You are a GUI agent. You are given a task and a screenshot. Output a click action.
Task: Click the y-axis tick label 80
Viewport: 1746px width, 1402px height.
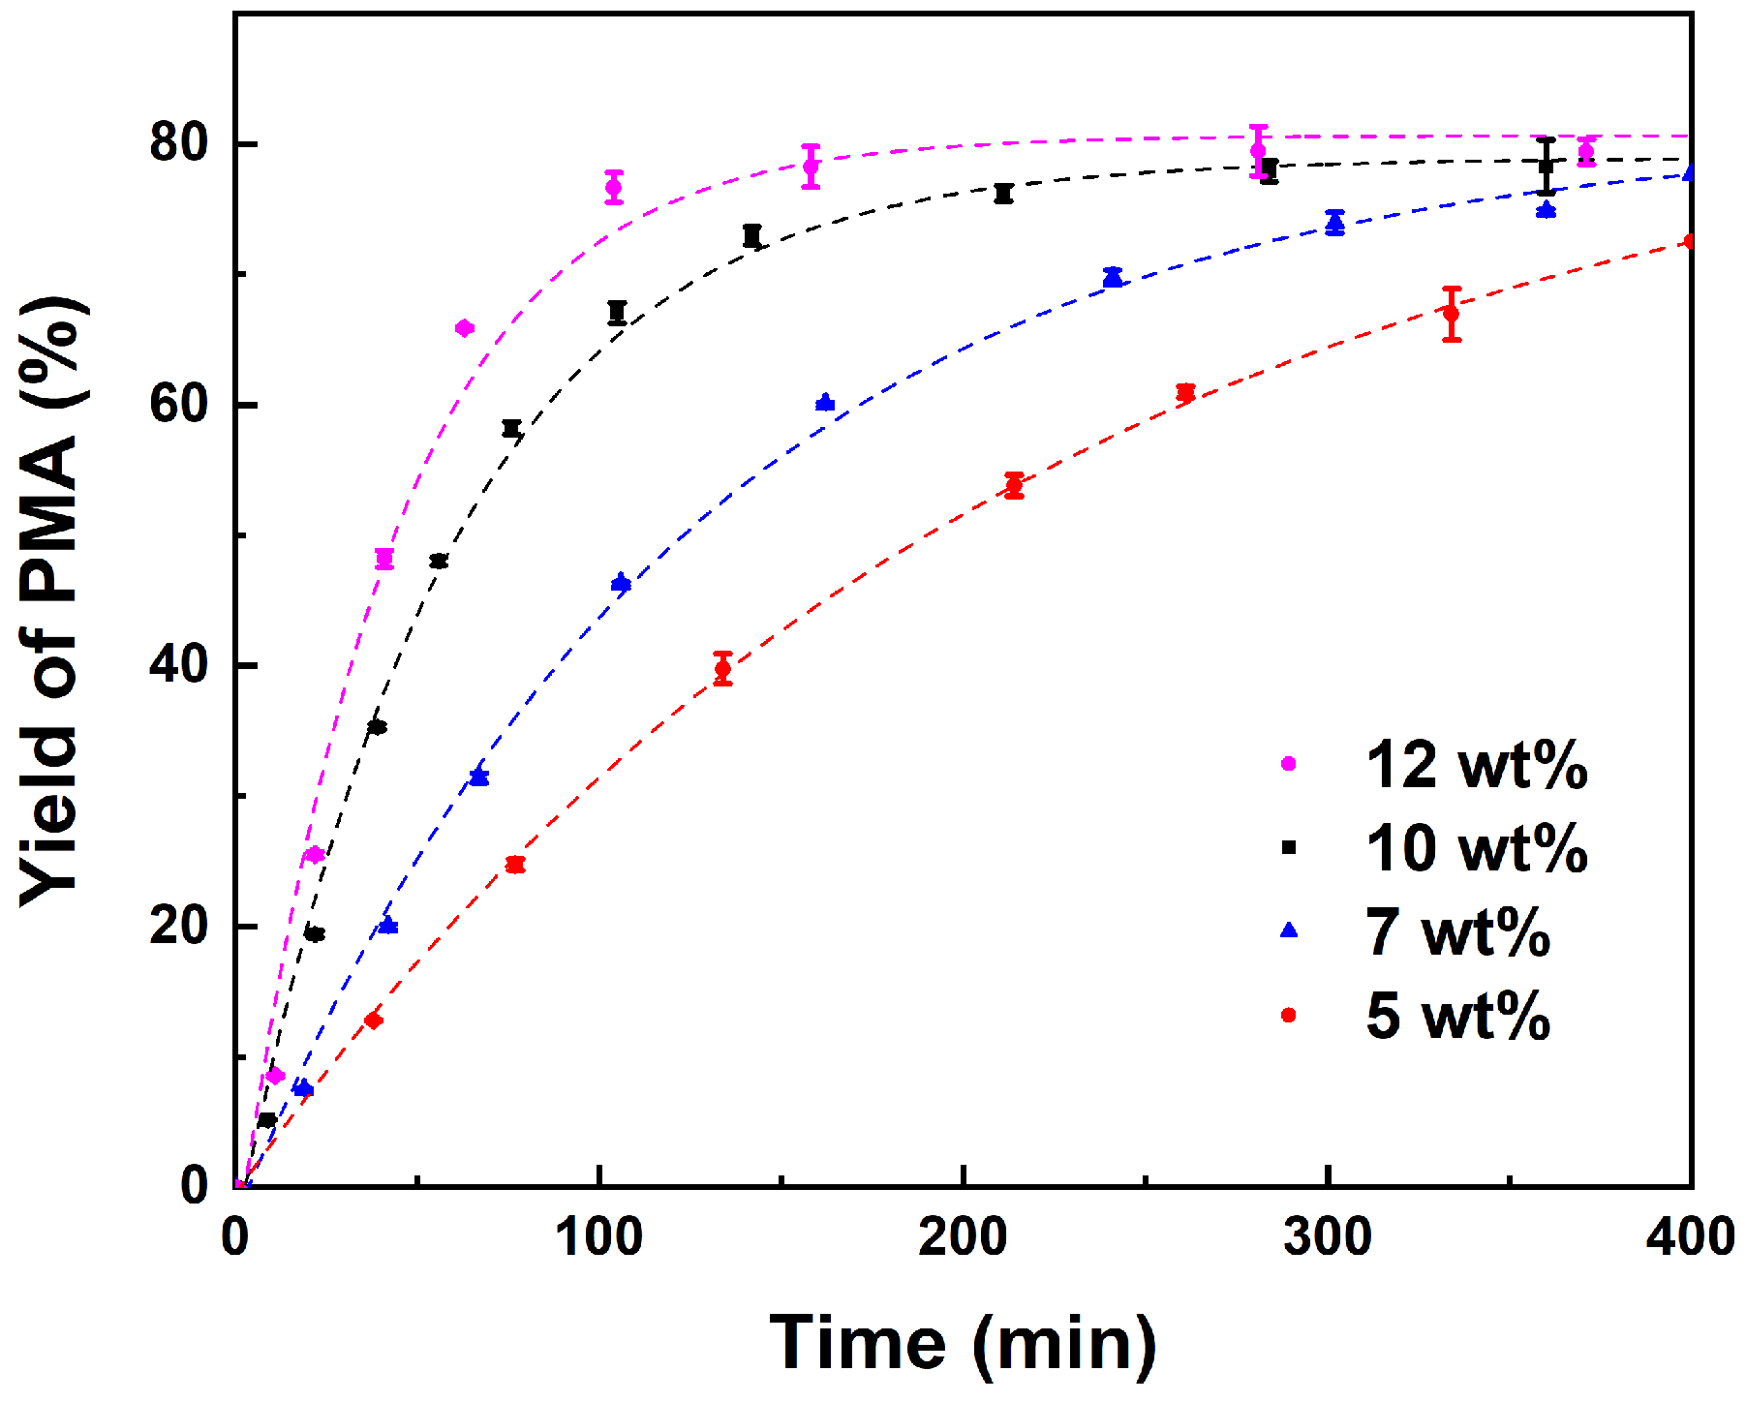pos(179,144)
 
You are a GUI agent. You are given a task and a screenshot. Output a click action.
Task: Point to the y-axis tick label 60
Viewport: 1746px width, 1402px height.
pos(179,405)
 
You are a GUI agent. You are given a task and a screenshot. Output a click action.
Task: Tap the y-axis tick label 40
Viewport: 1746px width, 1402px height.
pos(179,665)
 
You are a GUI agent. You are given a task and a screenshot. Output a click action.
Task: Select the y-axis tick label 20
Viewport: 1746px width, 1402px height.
pos(179,927)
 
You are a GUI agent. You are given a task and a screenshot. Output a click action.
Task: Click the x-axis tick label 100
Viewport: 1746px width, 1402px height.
pos(599,1238)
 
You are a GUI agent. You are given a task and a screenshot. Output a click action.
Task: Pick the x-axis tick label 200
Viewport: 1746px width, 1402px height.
pos(964,1238)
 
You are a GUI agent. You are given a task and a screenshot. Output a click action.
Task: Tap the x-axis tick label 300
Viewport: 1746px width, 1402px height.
pos(1328,1238)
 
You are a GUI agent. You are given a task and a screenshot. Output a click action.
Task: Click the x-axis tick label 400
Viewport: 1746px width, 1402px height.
pos(1690,1238)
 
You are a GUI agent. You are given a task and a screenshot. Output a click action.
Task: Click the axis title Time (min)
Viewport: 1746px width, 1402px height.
pos(963,1344)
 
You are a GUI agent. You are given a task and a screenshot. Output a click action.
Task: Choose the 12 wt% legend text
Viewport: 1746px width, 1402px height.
pos(1477,766)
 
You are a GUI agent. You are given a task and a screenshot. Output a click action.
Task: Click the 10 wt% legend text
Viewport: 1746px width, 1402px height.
pos(1477,849)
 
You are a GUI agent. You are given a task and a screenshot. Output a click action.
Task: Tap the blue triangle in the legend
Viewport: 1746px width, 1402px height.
pos(1289,930)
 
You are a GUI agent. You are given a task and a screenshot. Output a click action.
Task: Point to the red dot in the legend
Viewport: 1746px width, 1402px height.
pos(1289,1015)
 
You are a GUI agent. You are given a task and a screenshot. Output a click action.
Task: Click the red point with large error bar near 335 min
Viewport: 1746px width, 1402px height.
pos(1451,314)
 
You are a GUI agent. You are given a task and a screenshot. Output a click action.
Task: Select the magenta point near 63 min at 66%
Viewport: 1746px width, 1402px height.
pos(464,328)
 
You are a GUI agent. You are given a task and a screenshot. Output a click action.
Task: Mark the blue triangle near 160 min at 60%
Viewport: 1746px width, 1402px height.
pos(825,403)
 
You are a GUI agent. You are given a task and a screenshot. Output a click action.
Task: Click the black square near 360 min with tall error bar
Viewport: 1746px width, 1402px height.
pos(1547,167)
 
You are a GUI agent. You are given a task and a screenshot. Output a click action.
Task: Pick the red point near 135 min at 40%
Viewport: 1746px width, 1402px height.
pos(722,669)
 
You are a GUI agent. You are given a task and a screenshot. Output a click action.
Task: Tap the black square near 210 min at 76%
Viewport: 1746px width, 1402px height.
pos(1003,194)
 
